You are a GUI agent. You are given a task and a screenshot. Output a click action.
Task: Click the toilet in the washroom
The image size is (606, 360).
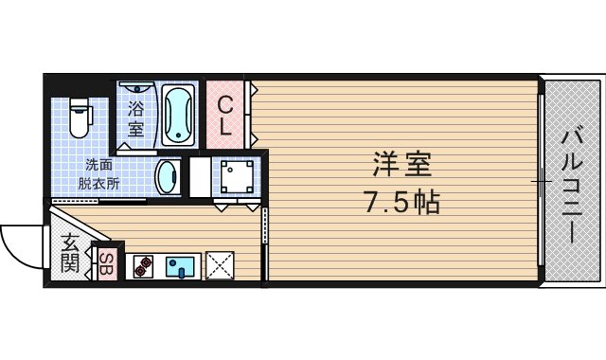[80, 116]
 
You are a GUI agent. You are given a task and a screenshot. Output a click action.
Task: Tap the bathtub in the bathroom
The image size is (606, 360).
[178, 116]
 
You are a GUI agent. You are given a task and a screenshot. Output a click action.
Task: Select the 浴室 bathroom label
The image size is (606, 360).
[134, 117]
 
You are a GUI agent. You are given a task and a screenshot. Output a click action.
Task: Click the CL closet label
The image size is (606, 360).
[225, 115]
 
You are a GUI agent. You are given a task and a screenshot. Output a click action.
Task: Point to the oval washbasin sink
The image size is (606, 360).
[168, 175]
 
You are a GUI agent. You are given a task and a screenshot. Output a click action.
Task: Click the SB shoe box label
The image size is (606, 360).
[106, 262]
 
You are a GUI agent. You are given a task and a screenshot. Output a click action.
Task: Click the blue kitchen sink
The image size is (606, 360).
[179, 266]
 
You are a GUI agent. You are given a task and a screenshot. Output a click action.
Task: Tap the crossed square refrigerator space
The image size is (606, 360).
[220, 265]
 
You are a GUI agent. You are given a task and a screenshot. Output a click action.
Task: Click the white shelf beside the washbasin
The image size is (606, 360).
[200, 176]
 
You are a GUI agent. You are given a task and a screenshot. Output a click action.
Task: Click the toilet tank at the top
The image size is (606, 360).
[80, 100]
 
